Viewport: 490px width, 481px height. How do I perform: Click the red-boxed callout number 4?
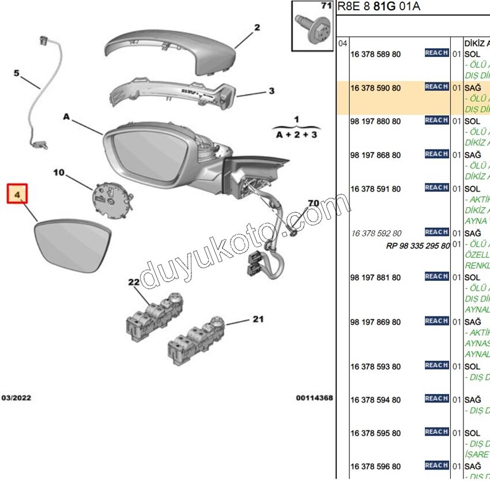17,195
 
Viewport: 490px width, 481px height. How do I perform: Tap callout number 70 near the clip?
313,203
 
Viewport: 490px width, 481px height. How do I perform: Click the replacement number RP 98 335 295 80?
417,246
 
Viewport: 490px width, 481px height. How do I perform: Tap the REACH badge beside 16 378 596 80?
436,465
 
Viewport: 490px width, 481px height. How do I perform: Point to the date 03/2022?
17,398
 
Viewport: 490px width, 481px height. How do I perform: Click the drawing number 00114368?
314,398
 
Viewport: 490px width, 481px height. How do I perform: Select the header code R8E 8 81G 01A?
378,7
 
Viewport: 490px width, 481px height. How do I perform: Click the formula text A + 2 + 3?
297,134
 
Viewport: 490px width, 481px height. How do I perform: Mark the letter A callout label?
66,117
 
